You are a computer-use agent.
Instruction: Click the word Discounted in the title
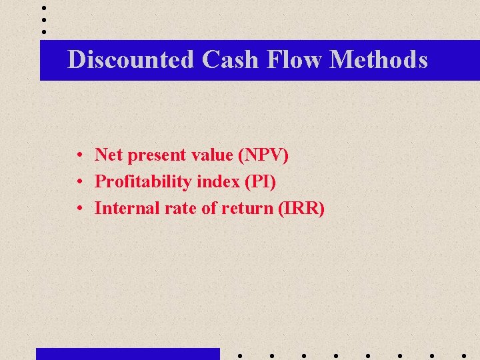click(x=131, y=60)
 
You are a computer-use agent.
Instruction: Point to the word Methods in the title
click(x=379, y=60)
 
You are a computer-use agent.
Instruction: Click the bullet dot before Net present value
click(x=79, y=156)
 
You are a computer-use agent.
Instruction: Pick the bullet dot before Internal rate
click(x=79, y=209)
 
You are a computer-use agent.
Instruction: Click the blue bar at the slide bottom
click(x=127, y=354)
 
